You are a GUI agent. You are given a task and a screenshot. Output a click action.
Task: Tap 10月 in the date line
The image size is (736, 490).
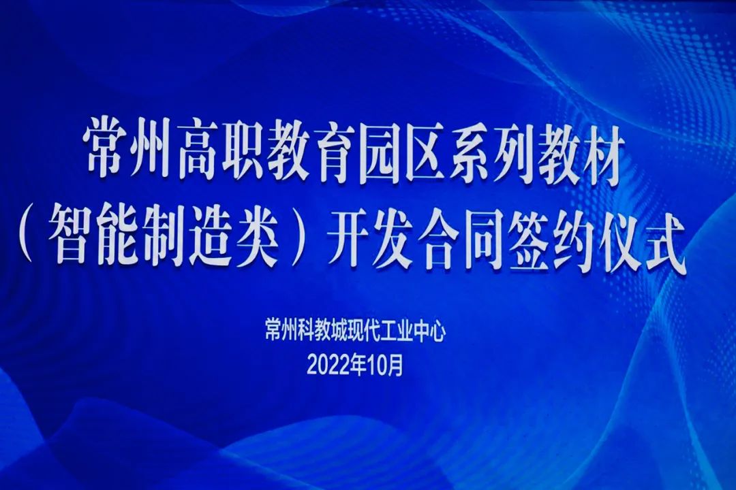coord(385,365)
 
